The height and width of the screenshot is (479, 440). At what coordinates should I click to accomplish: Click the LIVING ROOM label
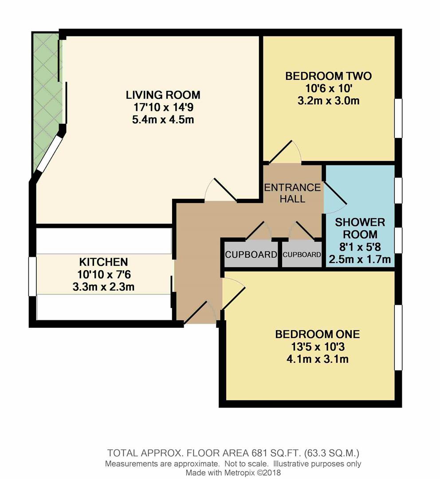pos(163,94)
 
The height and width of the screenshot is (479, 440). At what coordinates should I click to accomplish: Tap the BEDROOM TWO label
pos(328,76)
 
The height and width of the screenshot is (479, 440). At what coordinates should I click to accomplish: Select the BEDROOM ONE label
pos(317,334)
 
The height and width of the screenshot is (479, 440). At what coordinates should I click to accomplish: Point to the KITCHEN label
pos(103,262)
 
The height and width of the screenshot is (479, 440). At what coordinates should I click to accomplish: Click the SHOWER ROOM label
pos(360,228)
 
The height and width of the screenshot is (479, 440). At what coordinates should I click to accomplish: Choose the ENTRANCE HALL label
pos(292,192)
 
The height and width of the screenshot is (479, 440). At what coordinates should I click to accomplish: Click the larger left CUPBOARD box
pos(251,255)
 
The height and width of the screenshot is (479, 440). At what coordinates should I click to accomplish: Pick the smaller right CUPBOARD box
pos(302,255)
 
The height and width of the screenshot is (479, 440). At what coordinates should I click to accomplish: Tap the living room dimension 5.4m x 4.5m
pos(163,120)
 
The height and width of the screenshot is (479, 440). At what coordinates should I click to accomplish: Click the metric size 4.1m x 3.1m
pos(317,359)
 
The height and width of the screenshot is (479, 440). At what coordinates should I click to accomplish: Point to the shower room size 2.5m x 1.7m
pos(360,259)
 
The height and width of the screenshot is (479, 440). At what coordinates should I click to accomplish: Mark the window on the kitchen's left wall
pos(32,276)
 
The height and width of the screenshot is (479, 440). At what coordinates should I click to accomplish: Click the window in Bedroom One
pos(398,337)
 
